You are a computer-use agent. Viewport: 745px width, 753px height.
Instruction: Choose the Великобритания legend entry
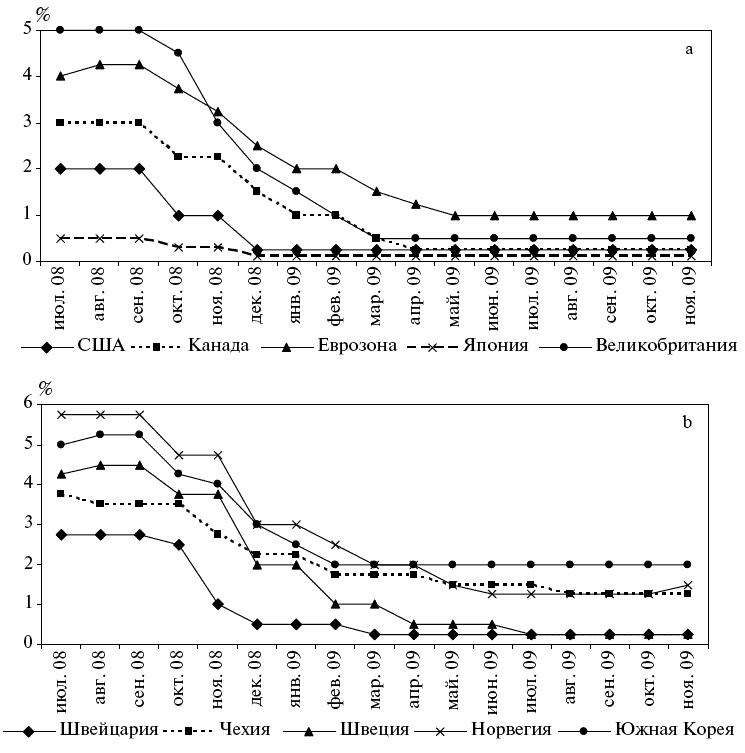pyautogui.click(x=666, y=347)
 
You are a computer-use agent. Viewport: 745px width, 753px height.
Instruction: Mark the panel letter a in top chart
pyautogui.click(x=689, y=48)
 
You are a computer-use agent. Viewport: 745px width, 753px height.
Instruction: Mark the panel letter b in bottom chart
pyautogui.click(x=687, y=421)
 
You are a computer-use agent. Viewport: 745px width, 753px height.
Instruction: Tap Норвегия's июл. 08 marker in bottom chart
pyautogui.click(x=62, y=414)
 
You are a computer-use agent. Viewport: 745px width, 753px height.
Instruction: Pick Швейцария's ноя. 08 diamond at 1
pyautogui.click(x=217, y=603)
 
